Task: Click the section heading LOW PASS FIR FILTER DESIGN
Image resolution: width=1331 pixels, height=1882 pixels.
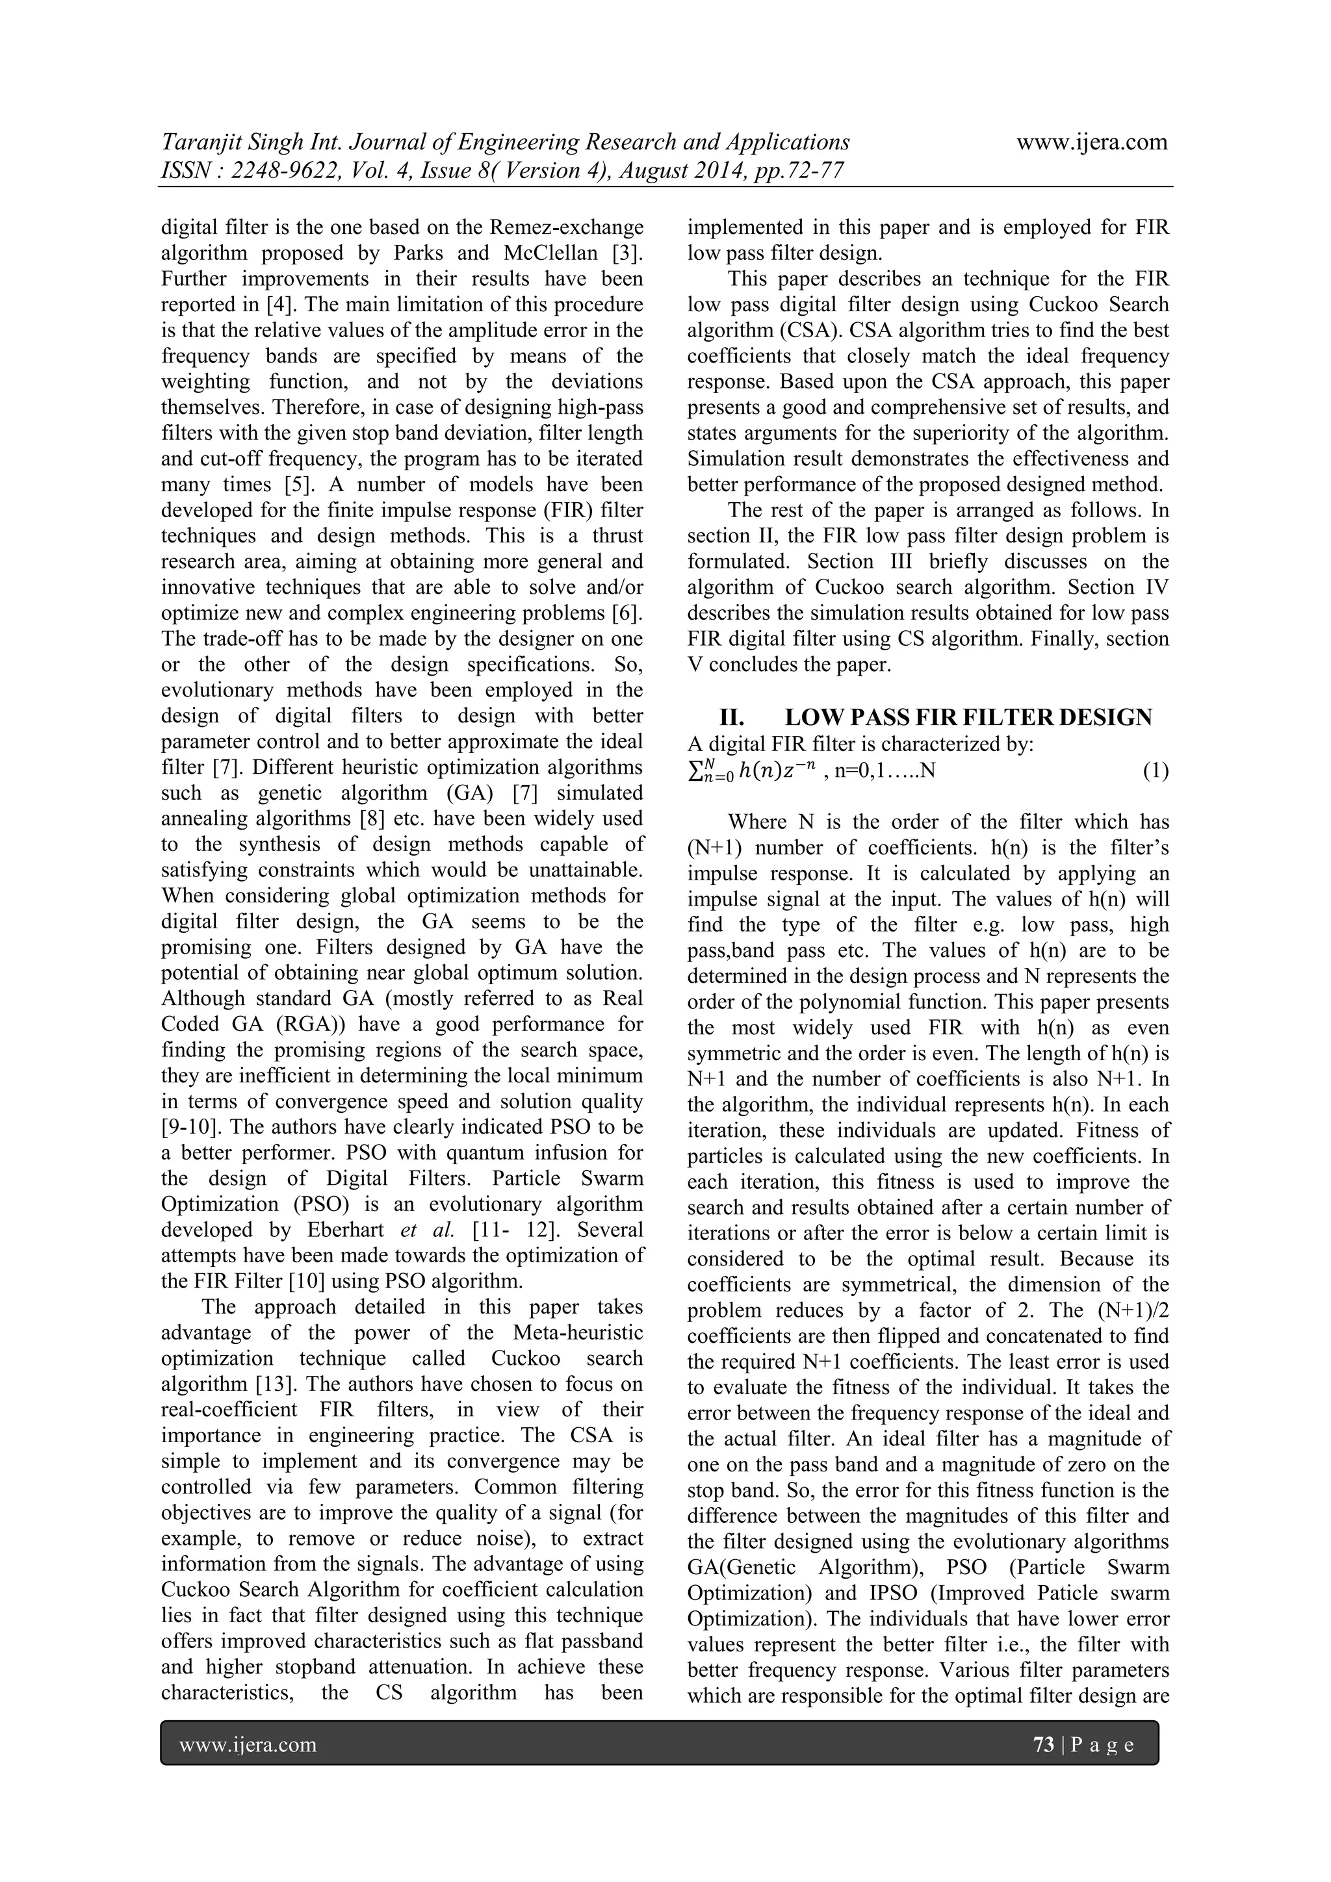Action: tap(968, 717)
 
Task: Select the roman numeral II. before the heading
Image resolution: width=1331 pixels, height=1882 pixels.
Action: tap(732, 717)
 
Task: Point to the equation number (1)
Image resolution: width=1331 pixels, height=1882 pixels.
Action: tap(1156, 771)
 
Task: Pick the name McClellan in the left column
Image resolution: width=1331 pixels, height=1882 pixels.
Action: tap(560, 253)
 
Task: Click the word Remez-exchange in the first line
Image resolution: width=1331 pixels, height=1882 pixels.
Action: tap(567, 227)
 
